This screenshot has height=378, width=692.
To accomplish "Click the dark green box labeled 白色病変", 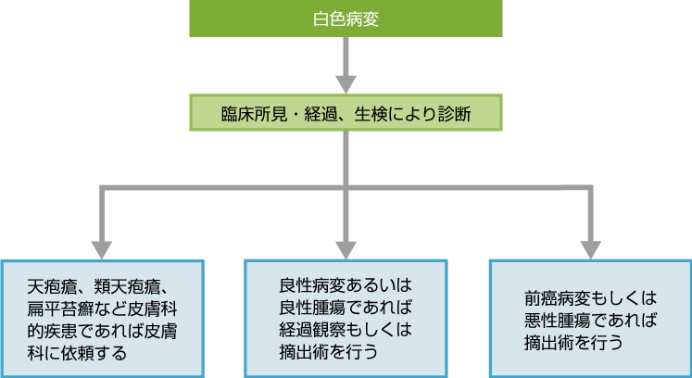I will tap(346, 19).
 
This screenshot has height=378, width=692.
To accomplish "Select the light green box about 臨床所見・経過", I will tap(346, 114).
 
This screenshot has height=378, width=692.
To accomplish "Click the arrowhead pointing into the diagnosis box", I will tap(346, 82).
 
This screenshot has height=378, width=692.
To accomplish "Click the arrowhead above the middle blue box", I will tap(346, 247).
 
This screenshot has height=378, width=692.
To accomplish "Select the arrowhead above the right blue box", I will tap(591, 247).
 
